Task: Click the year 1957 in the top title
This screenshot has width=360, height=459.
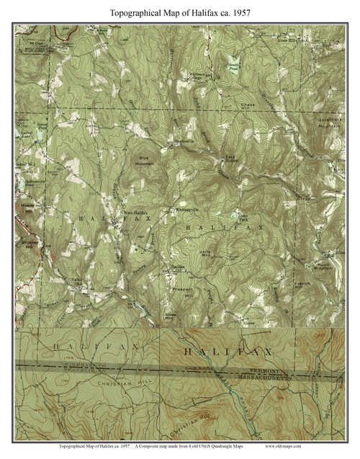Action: [x=240, y=13]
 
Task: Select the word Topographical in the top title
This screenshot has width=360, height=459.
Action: [x=140, y=13]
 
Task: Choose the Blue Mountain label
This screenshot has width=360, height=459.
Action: [x=146, y=161]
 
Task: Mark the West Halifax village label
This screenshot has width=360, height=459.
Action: [x=135, y=213]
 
